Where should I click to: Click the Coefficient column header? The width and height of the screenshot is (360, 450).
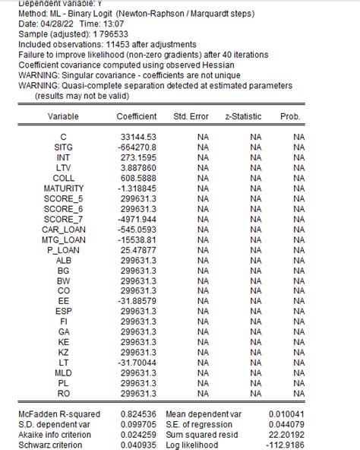tap(137, 116)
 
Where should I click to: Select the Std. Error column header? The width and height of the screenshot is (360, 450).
tap(191, 116)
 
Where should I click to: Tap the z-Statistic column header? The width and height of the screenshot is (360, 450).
tap(243, 116)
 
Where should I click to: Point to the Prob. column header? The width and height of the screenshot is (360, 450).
tap(291, 116)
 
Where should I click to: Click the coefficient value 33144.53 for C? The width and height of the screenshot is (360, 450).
tap(139, 136)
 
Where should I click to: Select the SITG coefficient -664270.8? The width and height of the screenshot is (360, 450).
tap(137, 147)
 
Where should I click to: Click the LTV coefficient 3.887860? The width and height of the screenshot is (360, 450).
tap(139, 167)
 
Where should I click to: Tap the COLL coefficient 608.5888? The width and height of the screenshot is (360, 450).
tap(139, 178)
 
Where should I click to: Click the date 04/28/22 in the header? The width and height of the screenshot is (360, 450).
tap(74, 24)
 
